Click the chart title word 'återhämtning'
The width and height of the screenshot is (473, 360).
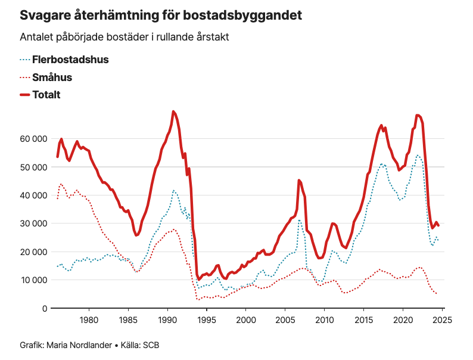tap(108, 15)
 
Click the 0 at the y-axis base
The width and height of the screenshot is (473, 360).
tap(44, 308)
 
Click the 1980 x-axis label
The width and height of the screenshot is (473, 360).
tap(89, 320)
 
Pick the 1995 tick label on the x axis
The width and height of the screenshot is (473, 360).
tap(207, 320)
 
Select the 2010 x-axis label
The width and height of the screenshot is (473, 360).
tap(325, 320)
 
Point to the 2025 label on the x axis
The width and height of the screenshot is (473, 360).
tap(441, 320)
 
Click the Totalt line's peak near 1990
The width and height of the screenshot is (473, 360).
tap(173, 111)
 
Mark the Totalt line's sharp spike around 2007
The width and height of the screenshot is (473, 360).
tap(299, 180)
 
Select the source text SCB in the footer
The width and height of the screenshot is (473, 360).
tap(151, 345)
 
